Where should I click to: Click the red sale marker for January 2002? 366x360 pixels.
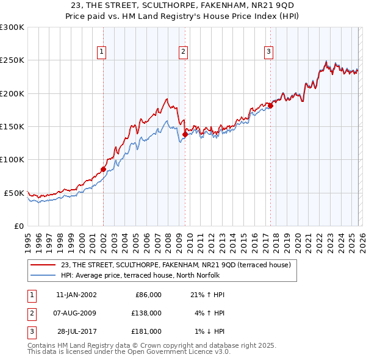point(103,169)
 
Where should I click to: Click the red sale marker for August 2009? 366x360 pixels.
point(185,135)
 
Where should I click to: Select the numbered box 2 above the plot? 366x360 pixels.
point(183,52)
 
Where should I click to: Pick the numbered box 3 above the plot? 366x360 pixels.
point(268,52)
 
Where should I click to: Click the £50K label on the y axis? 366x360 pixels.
point(14,193)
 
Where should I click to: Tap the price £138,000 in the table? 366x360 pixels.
point(148,313)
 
